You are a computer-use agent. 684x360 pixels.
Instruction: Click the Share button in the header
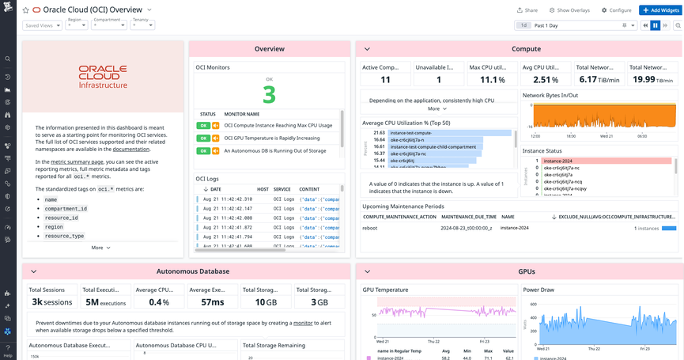pyautogui.click(x=527, y=10)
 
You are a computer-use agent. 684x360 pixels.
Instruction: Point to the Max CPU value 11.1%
pyautogui.click(x=492, y=79)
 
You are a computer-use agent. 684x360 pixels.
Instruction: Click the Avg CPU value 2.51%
pyautogui.click(x=546, y=79)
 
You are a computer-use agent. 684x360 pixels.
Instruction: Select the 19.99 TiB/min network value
pyautogui.click(x=653, y=79)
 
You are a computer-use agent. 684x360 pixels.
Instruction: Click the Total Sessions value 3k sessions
pyautogui.click(x=52, y=301)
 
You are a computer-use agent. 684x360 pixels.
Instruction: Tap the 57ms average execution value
pyautogui.click(x=212, y=301)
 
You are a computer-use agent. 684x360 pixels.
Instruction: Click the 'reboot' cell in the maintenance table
pyautogui.click(x=370, y=228)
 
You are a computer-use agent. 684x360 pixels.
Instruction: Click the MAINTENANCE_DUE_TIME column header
pyautogui.click(x=468, y=216)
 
